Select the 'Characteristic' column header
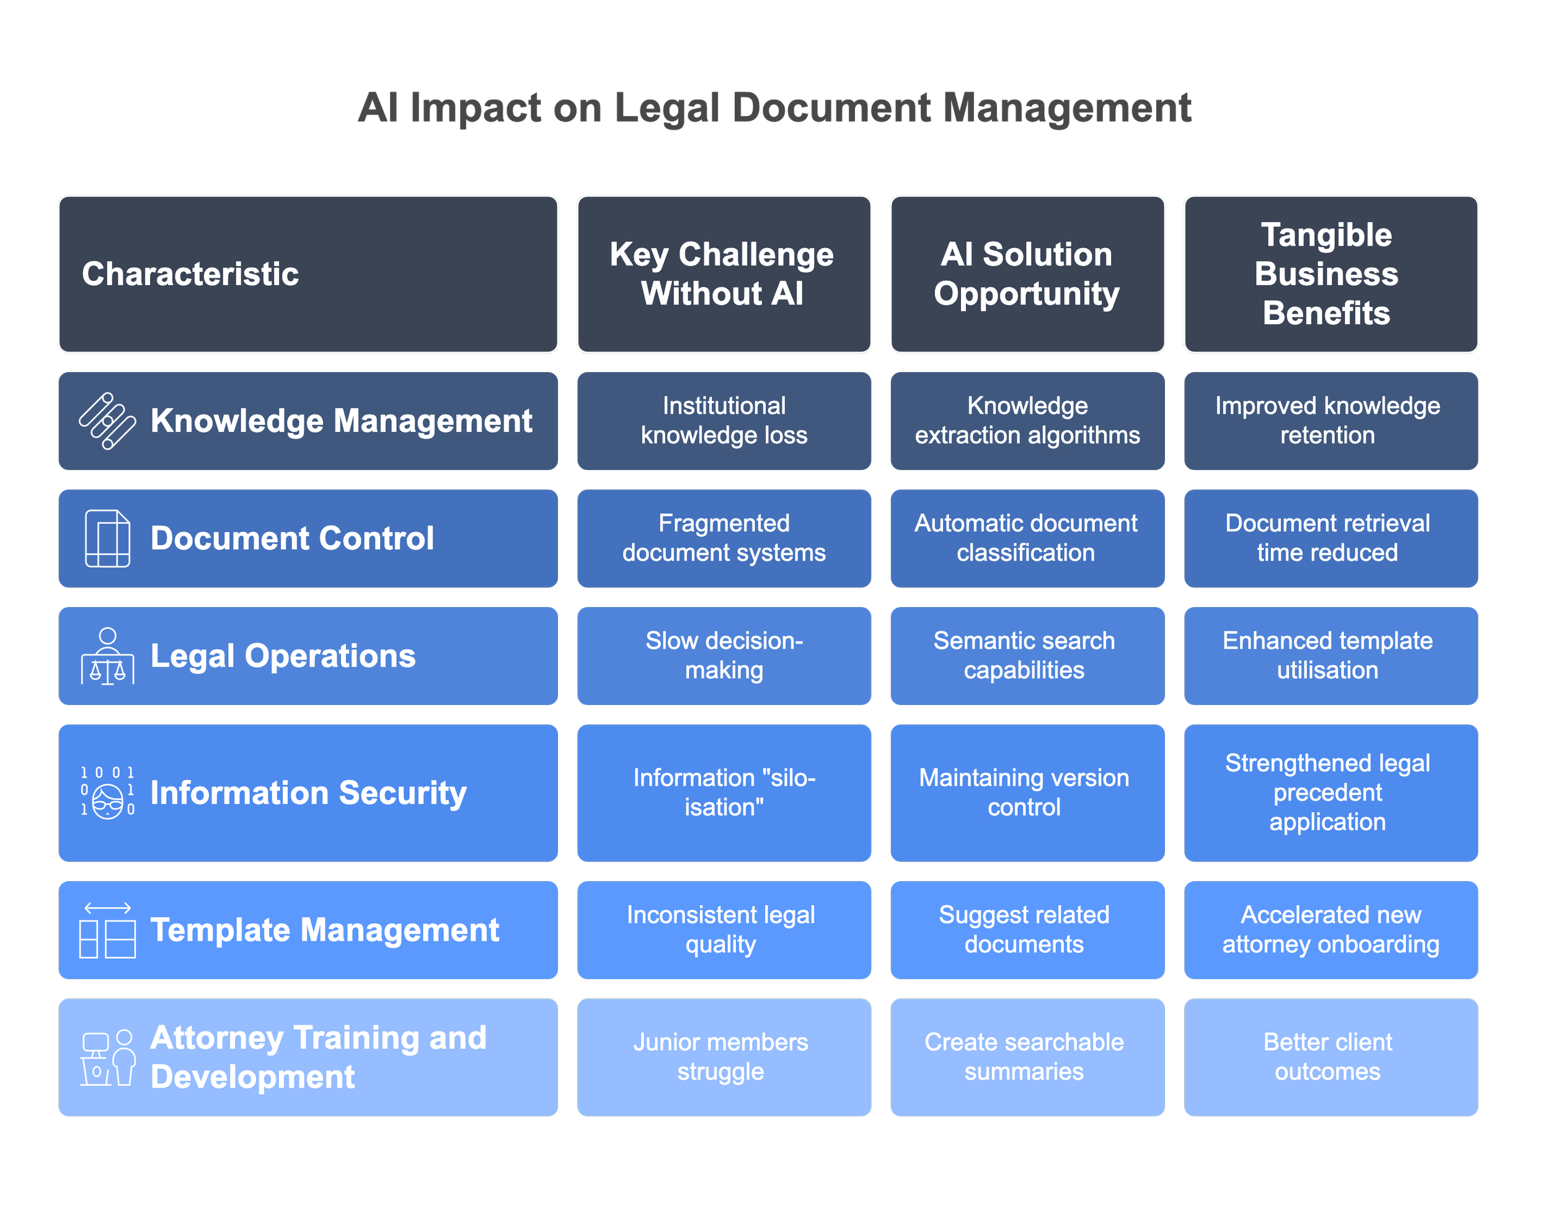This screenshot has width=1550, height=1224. point(190,273)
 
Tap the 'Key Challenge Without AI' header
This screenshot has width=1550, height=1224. point(722,273)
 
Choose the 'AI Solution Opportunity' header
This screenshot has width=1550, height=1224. point(1026,273)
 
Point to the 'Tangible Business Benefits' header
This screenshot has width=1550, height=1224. point(1326,273)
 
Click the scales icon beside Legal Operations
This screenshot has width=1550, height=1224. point(107,657)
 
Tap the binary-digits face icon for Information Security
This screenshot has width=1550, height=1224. point(107,792)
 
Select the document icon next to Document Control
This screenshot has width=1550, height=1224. point(107,538)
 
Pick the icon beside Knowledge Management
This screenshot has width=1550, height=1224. point(107,420)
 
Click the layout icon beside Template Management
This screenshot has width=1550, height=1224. point(107,930)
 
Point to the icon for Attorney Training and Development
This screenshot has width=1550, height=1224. point(107,1058)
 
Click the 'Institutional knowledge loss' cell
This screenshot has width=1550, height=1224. point(724,420)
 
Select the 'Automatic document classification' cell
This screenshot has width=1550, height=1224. point(1026,538)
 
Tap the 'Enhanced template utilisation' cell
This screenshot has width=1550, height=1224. point(1327,656)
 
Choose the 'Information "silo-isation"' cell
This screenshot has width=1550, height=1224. point(724,792)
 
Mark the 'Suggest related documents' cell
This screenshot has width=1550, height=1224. point(1024,929)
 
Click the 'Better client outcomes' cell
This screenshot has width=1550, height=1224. point(1327,1057)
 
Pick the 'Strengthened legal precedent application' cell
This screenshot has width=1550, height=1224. point(1327,792)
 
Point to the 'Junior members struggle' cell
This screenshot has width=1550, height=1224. point(721,1057)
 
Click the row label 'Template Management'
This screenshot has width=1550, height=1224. point(325,930)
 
